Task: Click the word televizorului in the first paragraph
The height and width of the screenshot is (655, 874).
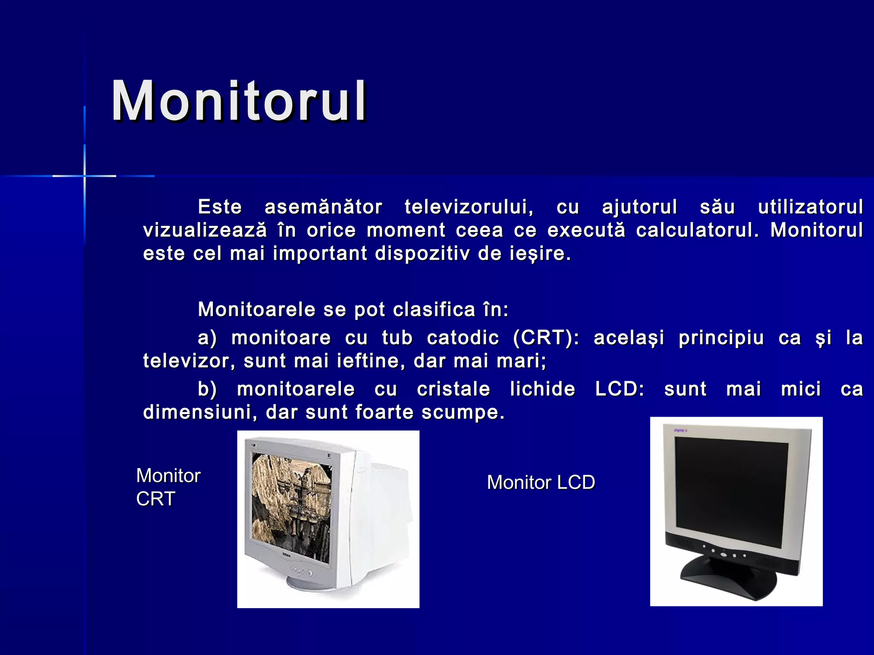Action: (x=469, y=207)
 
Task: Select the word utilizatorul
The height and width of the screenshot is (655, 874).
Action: (x=810, y=207)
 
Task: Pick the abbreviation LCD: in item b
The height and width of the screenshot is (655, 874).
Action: (x=620, y=389)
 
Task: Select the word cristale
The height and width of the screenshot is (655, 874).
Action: (x=454, y=389)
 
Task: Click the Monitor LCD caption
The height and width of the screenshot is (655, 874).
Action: (x=541, y=483)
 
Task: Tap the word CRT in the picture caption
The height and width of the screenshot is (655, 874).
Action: (x=156, y=499)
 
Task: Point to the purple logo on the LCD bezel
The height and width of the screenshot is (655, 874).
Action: (x=680, y=431)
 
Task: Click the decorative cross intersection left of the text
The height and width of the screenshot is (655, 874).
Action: (x=84, y=176)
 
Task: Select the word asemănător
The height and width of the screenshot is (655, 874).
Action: (x=323, y=207)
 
